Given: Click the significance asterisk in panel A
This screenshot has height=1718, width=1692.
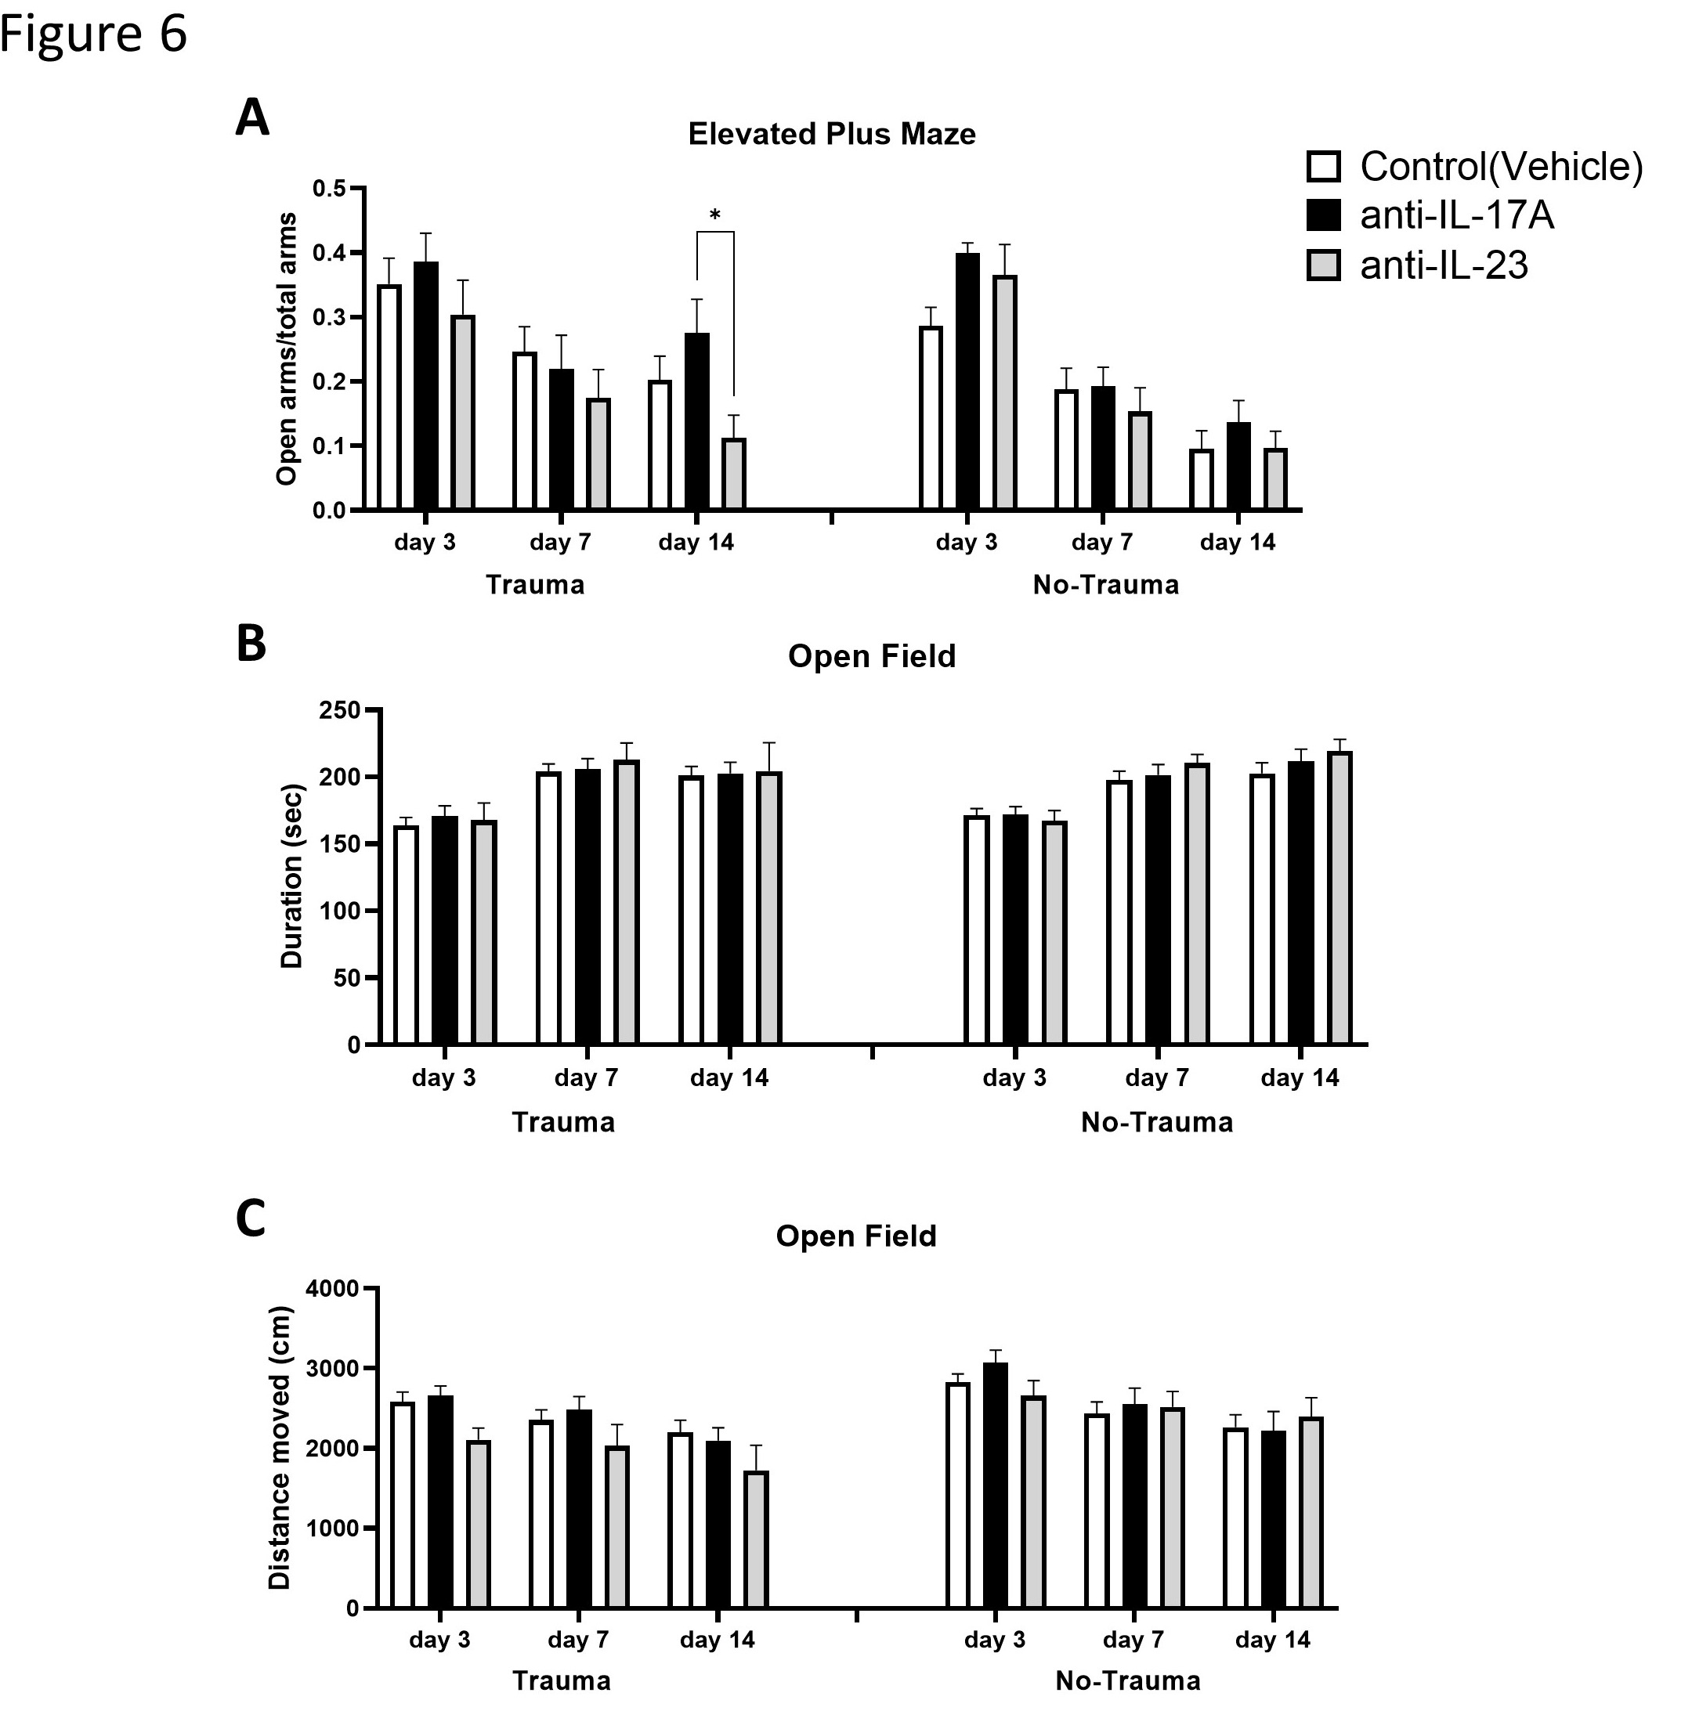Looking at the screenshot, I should [714, 215].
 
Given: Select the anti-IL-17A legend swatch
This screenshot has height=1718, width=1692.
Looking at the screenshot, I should [1323, 215].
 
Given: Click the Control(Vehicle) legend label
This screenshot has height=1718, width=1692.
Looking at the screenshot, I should [1501, 166].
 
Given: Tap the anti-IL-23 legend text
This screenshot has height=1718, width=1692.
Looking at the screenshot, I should [1444, 265].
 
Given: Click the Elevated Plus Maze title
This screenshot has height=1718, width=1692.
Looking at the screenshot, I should [832, 134].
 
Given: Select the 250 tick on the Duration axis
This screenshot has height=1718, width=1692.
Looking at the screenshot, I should [342, 711].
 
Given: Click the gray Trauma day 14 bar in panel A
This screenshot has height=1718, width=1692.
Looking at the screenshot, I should [734, 475].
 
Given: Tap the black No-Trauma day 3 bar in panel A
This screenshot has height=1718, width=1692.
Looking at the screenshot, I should [967, 382].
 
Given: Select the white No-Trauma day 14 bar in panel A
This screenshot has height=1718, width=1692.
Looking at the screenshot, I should [1202, 480].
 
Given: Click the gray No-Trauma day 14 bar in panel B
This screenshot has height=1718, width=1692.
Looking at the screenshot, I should [1339, 897].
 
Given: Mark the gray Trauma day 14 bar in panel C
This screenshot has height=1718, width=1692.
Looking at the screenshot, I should [756, 1539].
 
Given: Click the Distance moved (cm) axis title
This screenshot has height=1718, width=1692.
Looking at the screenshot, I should [280, 1447].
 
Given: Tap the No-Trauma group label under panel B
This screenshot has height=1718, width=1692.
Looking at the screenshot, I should [1156, 1122].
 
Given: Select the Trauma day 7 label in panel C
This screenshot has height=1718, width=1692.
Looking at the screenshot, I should [579, 1639].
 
